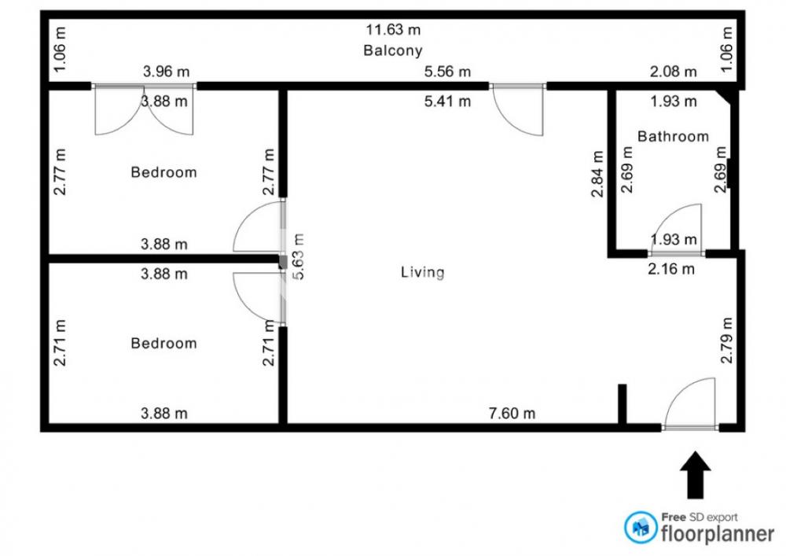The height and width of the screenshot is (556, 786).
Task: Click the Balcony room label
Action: coord(392,50)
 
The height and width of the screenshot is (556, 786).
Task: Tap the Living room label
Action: coord(422,272)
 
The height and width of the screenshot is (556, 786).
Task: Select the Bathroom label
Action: coord(673,136)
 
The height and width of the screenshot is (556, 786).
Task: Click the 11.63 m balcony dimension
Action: coord(392,30)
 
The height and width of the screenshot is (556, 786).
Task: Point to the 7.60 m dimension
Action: coord(512,414)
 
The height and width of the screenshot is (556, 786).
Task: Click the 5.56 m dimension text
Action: coord(447,72)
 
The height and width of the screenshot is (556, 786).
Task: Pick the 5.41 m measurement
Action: coord(447,101)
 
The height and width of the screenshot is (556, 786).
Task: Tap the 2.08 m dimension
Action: coord(674,72)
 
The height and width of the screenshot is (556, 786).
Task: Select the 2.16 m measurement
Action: coord(671,270)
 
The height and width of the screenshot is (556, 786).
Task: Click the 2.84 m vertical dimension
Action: coord(597,174)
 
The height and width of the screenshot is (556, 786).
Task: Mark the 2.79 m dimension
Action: coord(726,340)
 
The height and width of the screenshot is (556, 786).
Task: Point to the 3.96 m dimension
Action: coord(166,72)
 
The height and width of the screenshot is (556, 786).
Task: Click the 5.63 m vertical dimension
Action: coord(298,256)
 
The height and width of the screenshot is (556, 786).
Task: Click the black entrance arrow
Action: coord(696,475)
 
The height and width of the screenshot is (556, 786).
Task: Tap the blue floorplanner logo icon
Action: coord(641,527)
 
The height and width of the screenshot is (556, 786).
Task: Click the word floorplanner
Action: coord(718,534)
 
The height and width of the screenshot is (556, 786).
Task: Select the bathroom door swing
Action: coord(675,229)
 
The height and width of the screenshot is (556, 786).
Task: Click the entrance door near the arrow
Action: coord(690,404)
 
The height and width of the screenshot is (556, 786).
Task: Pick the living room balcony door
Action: coord(518,110)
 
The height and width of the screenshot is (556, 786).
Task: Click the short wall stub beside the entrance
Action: coord(622,404)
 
